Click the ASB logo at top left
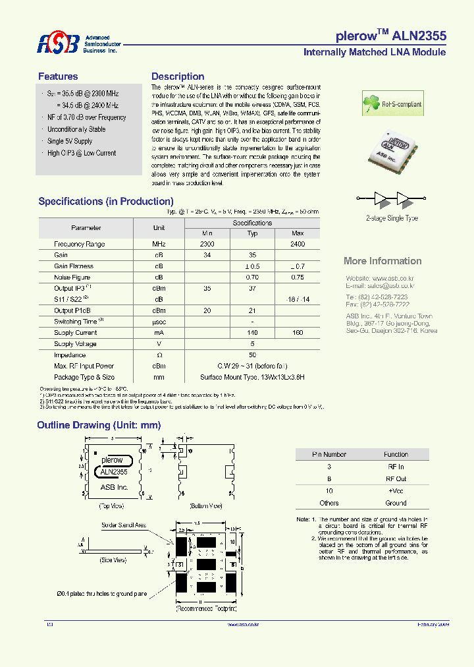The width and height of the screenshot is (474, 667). (58, 43)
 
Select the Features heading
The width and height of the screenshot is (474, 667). (58, 76)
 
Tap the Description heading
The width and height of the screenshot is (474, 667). (178, 76)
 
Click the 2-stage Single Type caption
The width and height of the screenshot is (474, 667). (392, 218)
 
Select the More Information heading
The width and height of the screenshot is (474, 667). (382, 261)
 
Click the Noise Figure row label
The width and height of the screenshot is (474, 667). (72, 277)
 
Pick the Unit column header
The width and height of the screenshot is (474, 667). (159, 228)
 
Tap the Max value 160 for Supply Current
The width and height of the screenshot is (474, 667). (298, 333)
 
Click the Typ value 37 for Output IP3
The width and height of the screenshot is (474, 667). (252, 289)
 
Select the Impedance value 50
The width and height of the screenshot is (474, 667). (252, 355)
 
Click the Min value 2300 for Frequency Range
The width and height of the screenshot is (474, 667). (207, 244)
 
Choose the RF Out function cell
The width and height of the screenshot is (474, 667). (396, 478)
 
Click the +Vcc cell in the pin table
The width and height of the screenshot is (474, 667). (396, 491)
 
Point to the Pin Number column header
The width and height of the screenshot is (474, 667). (329, 454)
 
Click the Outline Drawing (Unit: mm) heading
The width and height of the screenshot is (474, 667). (99, 426)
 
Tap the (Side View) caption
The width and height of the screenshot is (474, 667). (112, 560)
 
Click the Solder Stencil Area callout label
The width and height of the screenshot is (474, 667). (124, 525)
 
